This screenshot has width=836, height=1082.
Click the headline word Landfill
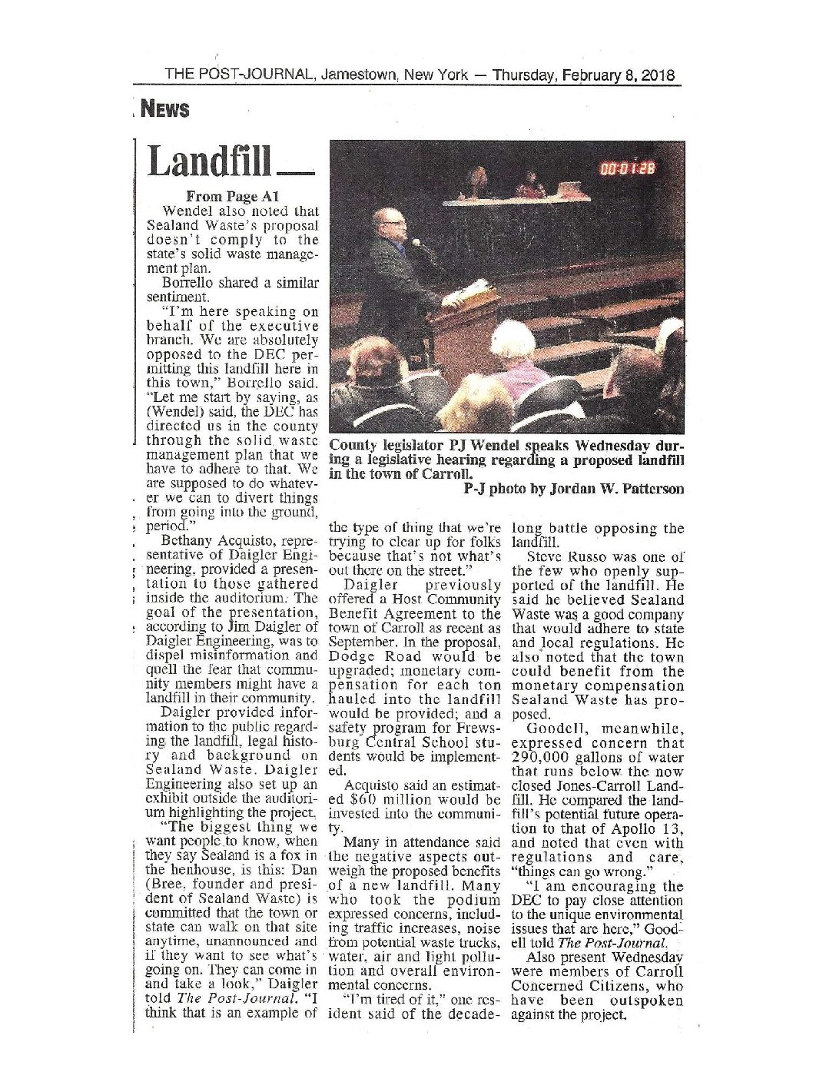click(x=209, y=161)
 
